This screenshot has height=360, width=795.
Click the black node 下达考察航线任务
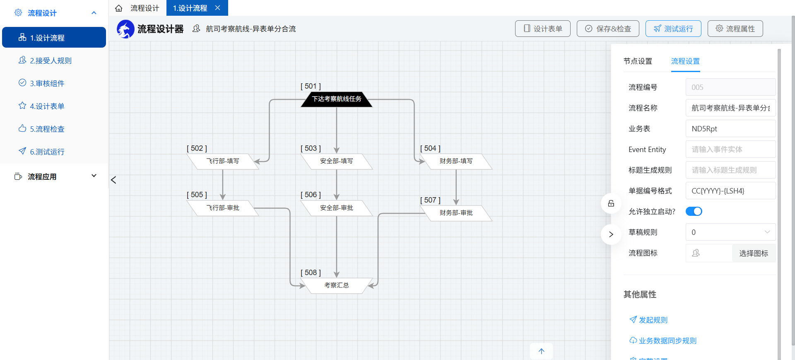pyautogui.click(x=337, y=99)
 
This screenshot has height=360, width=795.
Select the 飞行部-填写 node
pyautogui.click(x=223, y=161)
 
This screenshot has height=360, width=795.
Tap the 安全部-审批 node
pyautogui.click(x=337, y=208)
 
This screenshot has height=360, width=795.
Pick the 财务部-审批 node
pyautogui.click(x=456, y=213)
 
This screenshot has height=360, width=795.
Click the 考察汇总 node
pyautogui.click(x=337, y=285)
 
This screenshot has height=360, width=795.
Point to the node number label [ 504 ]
pyautogui.click(x=430, y=148)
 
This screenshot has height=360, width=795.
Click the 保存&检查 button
pyautogui.click(x=608, y=29)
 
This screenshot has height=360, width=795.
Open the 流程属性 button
pyautogui.click(x=735, y=29)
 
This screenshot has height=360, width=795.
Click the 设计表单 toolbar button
pyautogui.click(x=543, y=29)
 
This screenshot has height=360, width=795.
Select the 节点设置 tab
pyautogui.click(x=638, y=61)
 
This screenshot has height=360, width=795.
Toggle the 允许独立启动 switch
pyautogui.click(x=694, y=211)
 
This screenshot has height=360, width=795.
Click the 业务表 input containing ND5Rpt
pyautogui.click(x=730, y=128)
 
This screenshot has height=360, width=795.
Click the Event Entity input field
pyautogui.click(x=730, y=149)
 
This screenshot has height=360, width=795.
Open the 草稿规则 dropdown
pyautogui.click(x=730, y=232)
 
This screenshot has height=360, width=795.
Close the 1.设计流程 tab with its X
pyautogui.click(x=218, y=8)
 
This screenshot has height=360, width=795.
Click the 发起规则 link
pyautogui.click(x=648, y=320)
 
